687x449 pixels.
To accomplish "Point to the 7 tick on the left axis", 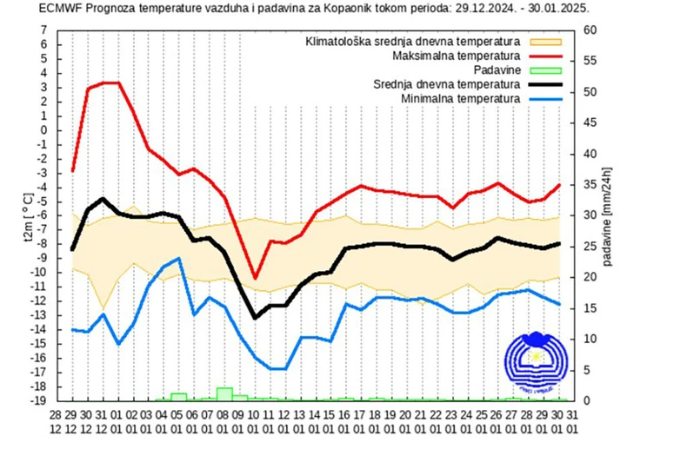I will click(43, 30).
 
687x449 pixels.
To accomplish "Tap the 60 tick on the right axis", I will click(590, 30).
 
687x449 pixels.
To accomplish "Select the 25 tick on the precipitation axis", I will click(590, 246).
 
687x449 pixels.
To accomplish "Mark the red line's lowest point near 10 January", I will click(255, 278).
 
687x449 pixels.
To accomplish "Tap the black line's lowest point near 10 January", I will click(255, 317).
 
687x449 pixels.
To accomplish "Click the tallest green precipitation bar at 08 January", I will click(224, 393).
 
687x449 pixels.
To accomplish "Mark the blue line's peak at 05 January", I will click(179, 258).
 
